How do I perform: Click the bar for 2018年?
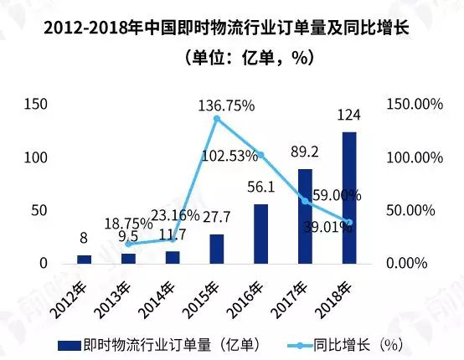point(349,198)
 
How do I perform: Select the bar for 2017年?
point(305,216)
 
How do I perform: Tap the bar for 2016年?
point(261,234)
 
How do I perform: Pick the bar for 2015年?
point(217,249)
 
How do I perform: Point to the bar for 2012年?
point(84,260)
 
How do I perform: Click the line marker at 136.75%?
point(217,119)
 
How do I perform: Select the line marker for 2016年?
point(261,155)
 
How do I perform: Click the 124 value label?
point(349,114)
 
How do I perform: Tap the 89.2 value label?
point(305,151)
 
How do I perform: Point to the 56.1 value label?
point(261,188)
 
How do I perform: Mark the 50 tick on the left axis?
point(40,210)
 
